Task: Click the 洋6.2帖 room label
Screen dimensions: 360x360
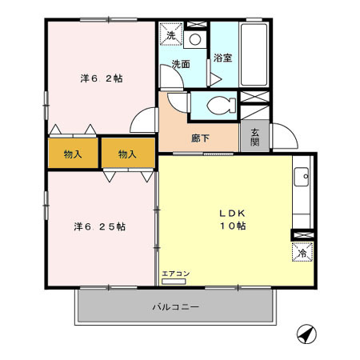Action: [x=101, y=79]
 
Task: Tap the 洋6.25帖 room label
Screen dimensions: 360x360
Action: [x=101, y=226]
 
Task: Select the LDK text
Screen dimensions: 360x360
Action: [x=233, y=214]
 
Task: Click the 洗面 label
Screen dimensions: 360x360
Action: [x=180, y=64]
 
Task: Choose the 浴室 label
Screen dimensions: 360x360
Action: [x=222, y=58]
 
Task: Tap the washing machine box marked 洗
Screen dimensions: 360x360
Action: [x=170, y=35]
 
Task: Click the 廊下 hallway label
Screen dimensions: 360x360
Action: [x=200, y=138]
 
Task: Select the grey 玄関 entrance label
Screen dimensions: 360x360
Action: [x=255, y=137]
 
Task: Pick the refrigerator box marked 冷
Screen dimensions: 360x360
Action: [x=302, y=252]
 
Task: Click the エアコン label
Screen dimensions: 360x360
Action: [x=175, y=274]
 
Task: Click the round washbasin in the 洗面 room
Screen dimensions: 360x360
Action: [x=195, y=36]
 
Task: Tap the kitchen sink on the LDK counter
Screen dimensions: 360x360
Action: [x=302, y=177]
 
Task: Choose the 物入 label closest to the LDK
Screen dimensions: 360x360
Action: [x=126, y=154]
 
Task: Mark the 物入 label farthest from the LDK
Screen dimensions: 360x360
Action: [x=72, y=154]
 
